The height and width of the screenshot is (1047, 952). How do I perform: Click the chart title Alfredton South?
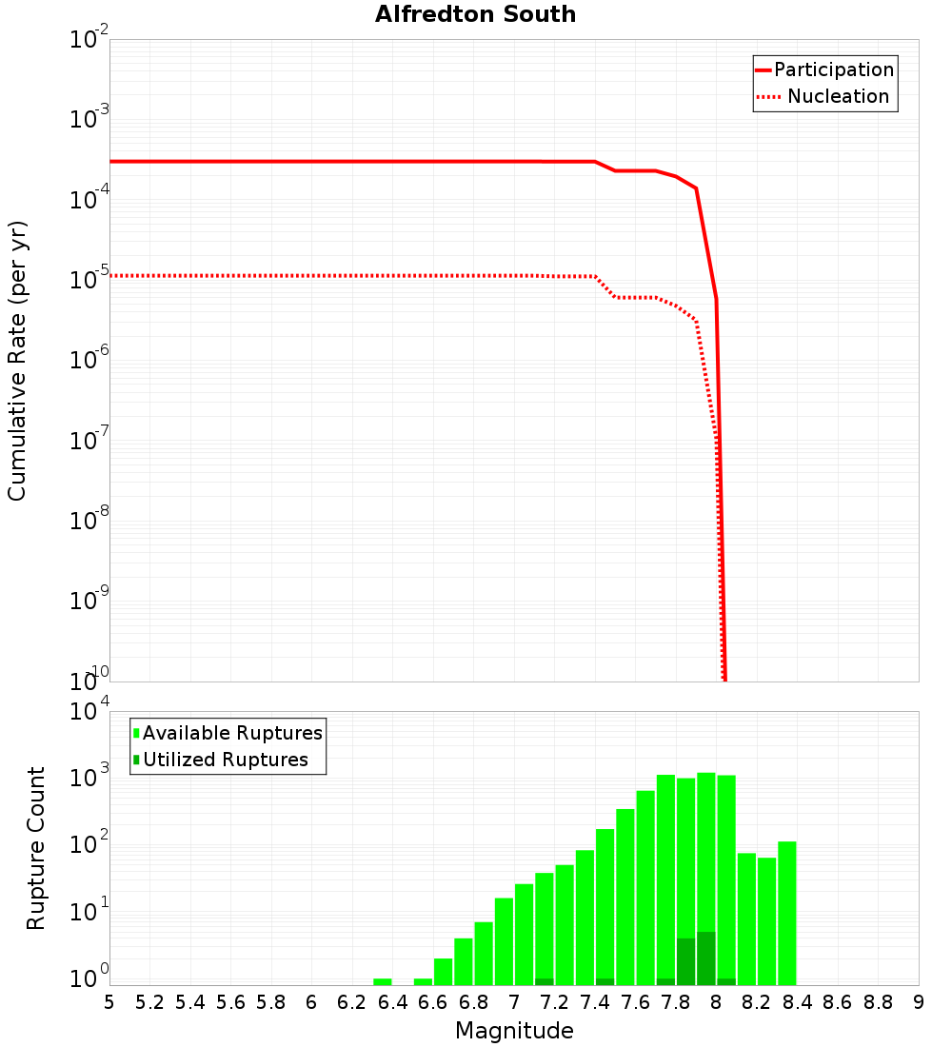click(x=475, y=14)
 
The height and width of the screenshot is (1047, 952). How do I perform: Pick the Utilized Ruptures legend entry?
click(x=225, y=760)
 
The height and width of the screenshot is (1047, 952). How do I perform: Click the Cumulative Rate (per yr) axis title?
click(x=17, y=360)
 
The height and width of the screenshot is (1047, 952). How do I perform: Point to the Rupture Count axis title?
click(x=36, y=848)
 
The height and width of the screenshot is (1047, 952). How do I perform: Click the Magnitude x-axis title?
click(x=514, y=1031)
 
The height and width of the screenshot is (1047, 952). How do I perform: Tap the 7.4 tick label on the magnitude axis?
click(x=594, y=1002)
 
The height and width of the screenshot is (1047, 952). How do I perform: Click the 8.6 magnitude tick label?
click(x=837, y=1002)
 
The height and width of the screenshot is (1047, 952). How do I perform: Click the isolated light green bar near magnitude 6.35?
click(x=383, y=981)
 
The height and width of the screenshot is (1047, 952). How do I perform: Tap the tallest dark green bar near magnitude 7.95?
click(x=705, y=958)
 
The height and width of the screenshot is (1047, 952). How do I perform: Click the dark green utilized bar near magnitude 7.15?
click(x=545, y=981)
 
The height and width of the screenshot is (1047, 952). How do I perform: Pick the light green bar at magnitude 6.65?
click(x=443, y=972)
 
